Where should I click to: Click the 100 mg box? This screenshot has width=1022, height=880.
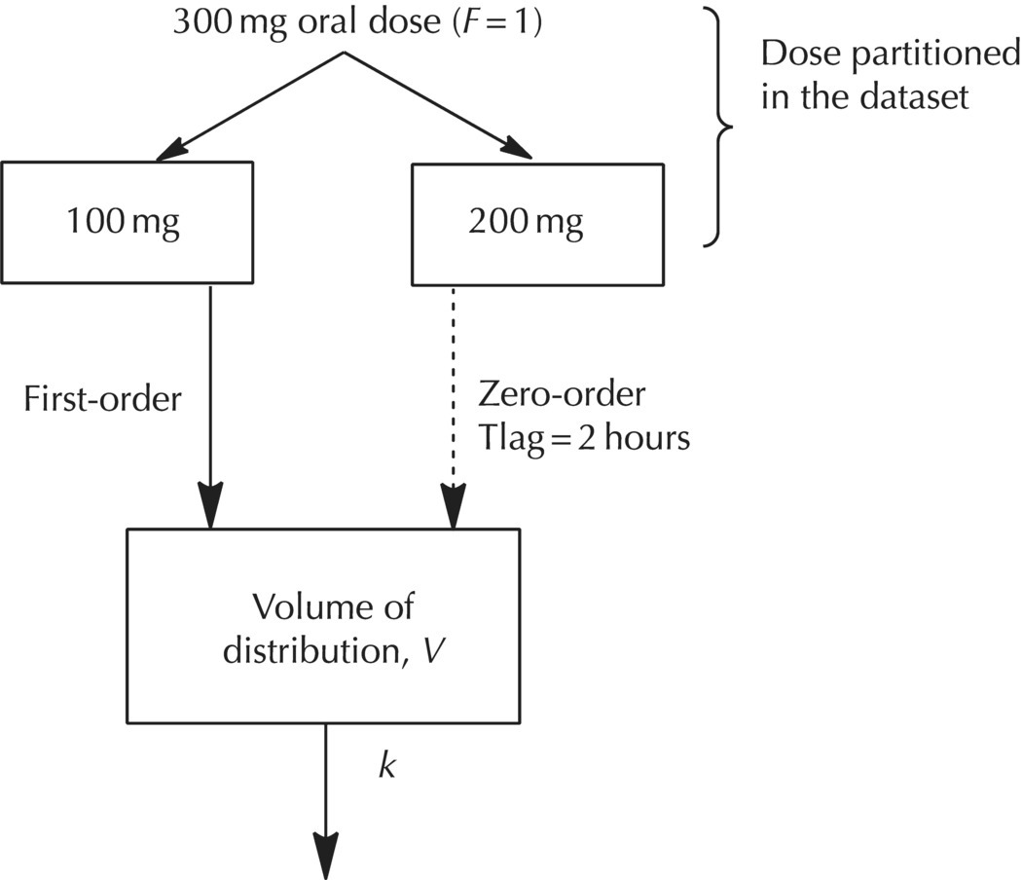[127, 223]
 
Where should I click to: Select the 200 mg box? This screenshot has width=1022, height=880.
[526, 223]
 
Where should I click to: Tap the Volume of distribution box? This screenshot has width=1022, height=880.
[323, 625]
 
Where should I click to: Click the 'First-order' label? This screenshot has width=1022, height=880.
[102, 399]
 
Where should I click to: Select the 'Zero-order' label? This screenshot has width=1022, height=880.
[562, 396]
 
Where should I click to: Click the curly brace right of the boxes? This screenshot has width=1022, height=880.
[721, 125]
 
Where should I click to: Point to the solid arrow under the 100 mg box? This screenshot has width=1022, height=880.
[210, 409]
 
